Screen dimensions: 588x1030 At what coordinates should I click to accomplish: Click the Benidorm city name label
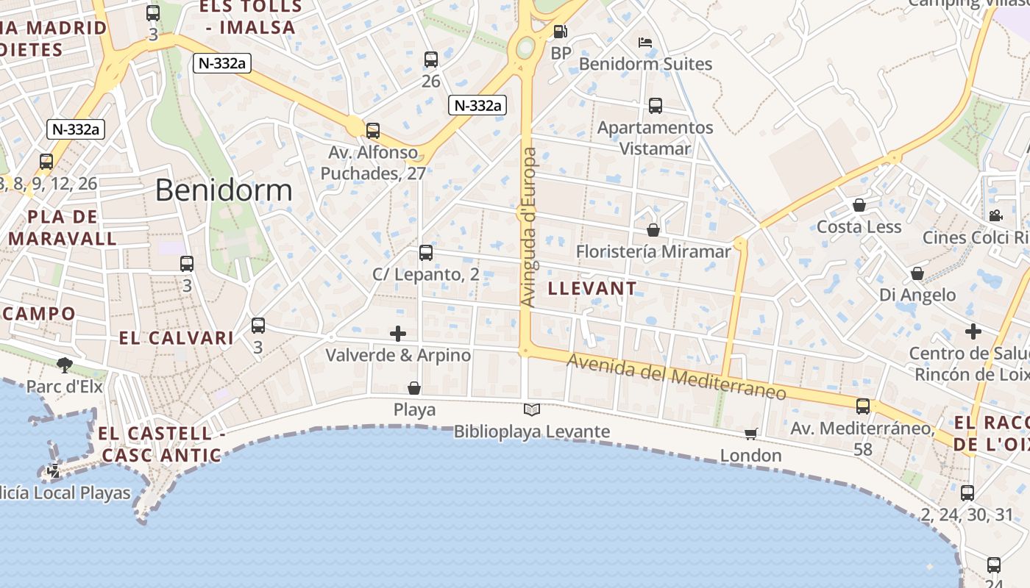point(224,190)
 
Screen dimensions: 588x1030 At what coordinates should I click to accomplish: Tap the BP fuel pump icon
point(561,32)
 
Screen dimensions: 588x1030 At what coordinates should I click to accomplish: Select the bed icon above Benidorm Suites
point(645,42)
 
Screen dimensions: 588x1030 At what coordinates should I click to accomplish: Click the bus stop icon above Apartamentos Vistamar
point(656,106)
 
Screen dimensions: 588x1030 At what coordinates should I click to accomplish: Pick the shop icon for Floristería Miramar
point(653,230)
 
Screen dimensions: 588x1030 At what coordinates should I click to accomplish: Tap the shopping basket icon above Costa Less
point(859,205)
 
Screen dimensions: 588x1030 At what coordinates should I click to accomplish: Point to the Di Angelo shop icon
point(917,274)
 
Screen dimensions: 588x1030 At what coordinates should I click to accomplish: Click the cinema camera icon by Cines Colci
point(995,215)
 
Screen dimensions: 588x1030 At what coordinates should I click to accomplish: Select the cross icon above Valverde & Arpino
point(398,334)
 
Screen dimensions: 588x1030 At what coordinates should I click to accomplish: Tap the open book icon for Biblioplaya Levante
point(532,409)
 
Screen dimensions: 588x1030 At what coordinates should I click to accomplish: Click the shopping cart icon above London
point(750,434)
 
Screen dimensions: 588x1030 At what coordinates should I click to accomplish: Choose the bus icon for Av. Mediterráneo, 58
point(862,406)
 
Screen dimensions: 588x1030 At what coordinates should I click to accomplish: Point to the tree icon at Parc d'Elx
point(65,365)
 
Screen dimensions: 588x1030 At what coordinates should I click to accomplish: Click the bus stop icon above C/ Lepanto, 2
point(425,253)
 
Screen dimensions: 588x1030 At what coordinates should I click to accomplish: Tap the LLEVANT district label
point(592,289)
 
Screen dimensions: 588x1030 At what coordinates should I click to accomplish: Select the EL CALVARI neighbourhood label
point(177,338)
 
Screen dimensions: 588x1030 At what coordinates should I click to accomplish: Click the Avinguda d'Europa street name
point(528,227)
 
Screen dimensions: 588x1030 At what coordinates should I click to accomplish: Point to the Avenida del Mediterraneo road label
point(676,377)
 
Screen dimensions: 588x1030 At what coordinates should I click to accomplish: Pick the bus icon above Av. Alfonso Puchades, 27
point(373,131)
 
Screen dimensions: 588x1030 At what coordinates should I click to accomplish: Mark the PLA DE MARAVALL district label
point(63,228)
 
